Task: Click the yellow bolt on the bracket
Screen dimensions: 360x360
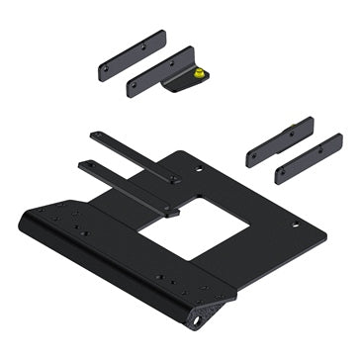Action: [x=201, y=73]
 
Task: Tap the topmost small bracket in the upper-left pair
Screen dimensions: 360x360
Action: [x=133, y=59]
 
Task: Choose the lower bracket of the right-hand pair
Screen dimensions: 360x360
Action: [x=308, y=158]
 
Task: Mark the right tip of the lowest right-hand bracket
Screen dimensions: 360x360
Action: [x=337, y=142]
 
